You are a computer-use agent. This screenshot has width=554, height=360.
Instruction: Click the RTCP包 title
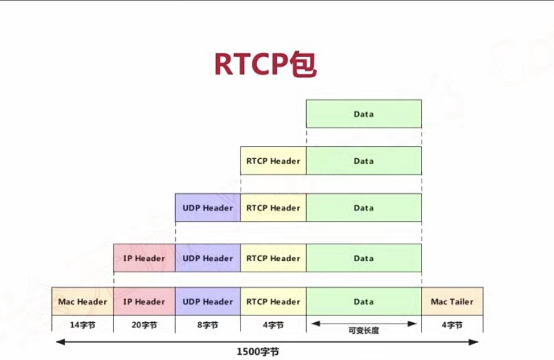(x=265, y=65)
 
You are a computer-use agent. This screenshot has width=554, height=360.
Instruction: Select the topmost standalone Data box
(x=363, y=114)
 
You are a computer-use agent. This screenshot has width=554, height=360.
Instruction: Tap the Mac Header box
(x=82, y=302)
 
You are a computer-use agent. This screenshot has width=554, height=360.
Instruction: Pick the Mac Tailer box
(x=452, y=302)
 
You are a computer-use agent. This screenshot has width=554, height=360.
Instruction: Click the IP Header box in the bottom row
(x=144, y=302)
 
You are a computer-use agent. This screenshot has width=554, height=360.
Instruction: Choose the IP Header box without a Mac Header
(x=144, y=258)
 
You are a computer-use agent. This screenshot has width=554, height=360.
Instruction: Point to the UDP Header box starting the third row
(x=207, y=208)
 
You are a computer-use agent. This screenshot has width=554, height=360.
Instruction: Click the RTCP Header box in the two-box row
(x=273, y=161)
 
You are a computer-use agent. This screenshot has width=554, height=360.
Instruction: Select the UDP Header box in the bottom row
(x=207, y=302)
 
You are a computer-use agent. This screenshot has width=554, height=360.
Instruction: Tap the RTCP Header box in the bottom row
(x=273, y=302)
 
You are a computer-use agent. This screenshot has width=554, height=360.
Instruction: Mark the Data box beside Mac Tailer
(x=363, y=302)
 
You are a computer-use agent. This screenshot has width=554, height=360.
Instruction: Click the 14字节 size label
(x=82, y=325)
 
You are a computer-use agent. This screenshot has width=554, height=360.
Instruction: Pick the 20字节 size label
(x=144, y=325)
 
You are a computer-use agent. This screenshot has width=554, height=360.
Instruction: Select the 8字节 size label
(x=207, y=325)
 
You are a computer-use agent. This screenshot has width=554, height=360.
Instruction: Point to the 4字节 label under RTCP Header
(x=273, y=325)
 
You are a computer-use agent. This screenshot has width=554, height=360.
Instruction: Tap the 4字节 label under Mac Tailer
(x=452, y=325)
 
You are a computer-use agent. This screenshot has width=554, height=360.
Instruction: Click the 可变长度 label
(x=363, y=331)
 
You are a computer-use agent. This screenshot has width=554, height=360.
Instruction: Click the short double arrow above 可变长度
(x=363, y=323)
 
